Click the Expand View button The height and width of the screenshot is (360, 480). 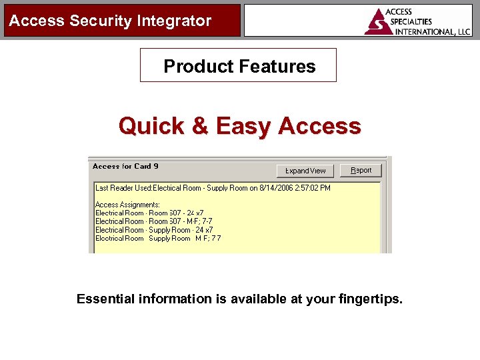(305, 171)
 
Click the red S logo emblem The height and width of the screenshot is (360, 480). (378, 22)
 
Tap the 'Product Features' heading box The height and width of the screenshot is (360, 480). (239, 65)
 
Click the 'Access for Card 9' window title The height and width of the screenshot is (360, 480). (125, 166)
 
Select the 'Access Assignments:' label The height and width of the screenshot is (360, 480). (127, 205)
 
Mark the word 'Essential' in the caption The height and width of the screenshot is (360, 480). (106, 299)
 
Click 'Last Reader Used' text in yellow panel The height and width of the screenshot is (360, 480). (123, 188)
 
